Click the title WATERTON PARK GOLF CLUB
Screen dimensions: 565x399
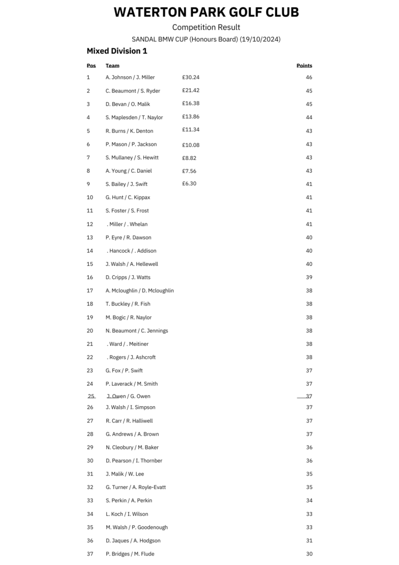pos(206,12)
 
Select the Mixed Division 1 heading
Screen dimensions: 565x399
pos(117,51)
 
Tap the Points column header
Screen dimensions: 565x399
pos(304,66)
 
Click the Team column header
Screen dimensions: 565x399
pos(112,66)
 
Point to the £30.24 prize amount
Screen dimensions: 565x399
pos(191,77)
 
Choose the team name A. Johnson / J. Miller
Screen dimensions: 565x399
pos(130,77)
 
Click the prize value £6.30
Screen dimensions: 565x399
pos(189,184)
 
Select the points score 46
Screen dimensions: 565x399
pos(309,78)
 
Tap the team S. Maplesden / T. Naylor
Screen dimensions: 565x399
pos(134,118)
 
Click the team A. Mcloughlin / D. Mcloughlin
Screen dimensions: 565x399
pos(139,291)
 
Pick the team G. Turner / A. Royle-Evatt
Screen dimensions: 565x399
pos(136,487)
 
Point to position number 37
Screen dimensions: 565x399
pos(90,554)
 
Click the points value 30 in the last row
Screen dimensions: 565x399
pos(309,554)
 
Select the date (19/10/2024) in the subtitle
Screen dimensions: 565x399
pos(260,39)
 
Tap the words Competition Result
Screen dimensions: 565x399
pos(206,27)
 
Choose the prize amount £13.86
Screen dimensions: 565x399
pos(191,117)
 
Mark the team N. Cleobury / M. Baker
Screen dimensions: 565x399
pos(132,447)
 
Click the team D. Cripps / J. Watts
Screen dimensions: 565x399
pos(128,278)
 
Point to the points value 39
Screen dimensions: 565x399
pos(309,278)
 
